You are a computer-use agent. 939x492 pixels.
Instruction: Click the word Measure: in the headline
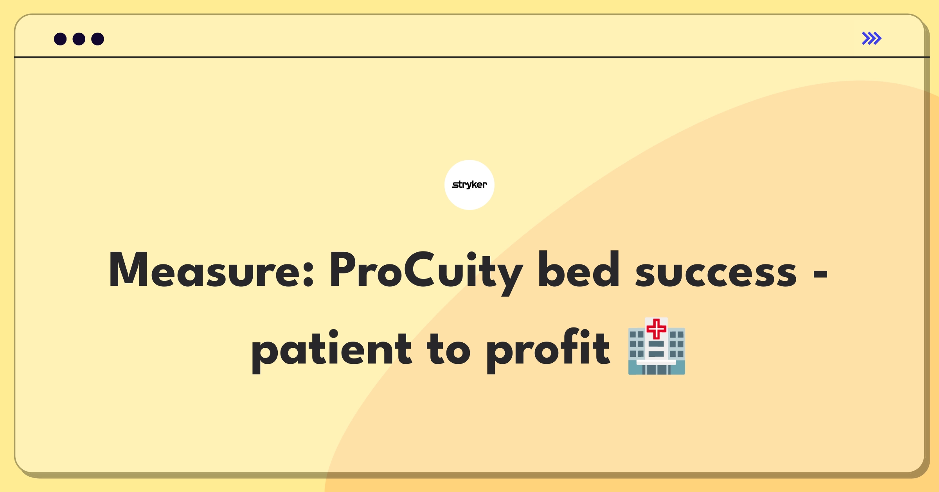pos(211,270)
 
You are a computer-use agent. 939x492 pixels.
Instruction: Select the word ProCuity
pos(426,273)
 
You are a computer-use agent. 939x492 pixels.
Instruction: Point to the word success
pos(716,273)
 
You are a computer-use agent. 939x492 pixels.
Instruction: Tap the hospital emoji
pos(657,346)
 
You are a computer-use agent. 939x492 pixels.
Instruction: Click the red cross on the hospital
pos(657,329)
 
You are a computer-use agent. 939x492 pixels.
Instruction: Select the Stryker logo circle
pos(469,185)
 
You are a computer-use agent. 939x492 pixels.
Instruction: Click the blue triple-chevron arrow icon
pos(872,38)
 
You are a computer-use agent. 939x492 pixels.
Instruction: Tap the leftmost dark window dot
pos(60,39)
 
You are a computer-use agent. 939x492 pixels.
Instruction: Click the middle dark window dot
pos(79,39)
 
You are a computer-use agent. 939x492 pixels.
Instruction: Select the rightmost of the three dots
pos(98,39)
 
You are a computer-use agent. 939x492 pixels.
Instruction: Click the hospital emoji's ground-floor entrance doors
pos(657,369)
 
